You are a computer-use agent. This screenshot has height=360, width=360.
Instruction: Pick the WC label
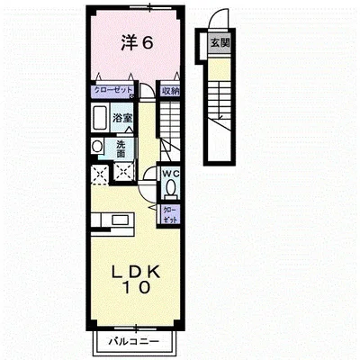tap(170, 174)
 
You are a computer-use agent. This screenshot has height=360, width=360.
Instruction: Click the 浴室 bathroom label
tap(123, 118)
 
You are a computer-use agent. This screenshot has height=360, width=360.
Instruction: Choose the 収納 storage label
tap(170, 90)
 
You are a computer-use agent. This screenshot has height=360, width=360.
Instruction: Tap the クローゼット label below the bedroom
tap(114, 90)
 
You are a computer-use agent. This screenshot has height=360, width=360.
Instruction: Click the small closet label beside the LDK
tap(170, 213)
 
